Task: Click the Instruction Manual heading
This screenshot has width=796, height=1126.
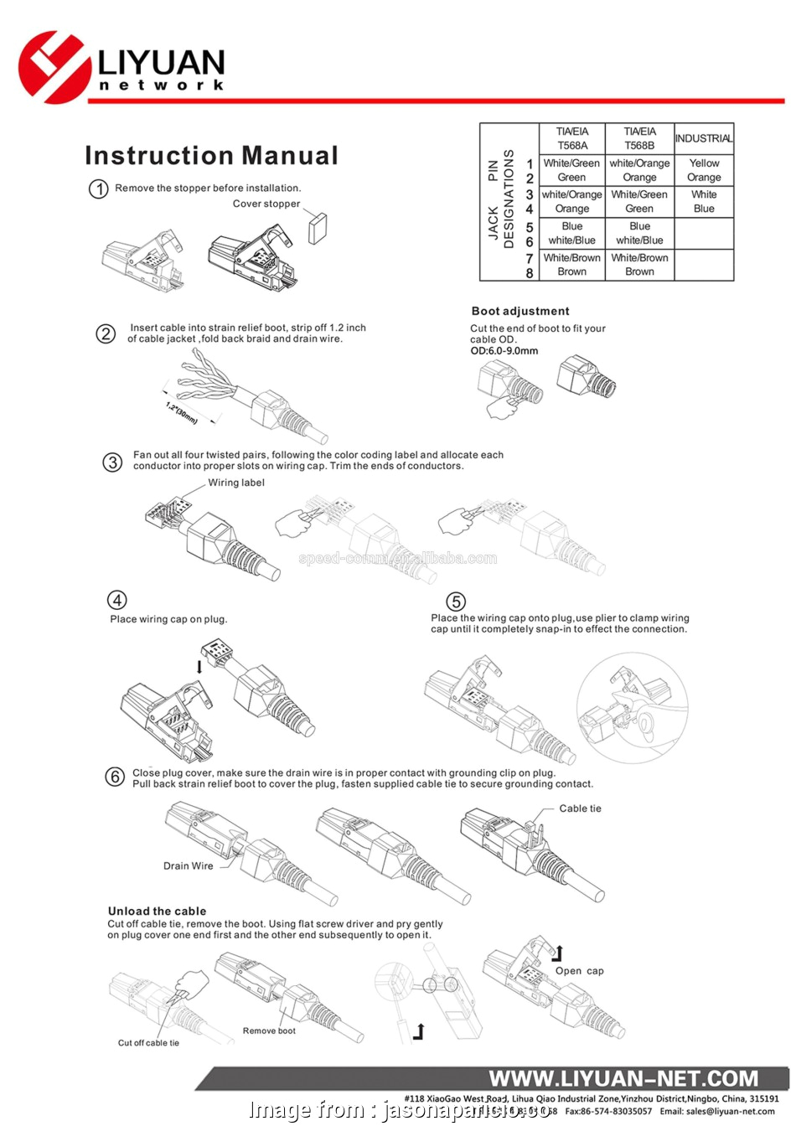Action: click(x=211, y=156)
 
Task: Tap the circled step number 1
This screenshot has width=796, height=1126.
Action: click(x=99, y=189)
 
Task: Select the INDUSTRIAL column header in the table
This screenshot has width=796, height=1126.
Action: click(x=703, y=138)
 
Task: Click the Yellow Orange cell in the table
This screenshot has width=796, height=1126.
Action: click(x=704, y=170)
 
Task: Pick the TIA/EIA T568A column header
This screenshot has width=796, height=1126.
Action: click(x=571, y=138)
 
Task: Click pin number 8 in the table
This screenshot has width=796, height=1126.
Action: click(x=530, y=273)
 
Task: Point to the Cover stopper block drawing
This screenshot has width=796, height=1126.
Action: click(x=318, y=228)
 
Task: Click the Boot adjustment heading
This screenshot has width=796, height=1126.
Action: click(x=519, y=311)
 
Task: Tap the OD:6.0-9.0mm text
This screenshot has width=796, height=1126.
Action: click(x=504, y=351)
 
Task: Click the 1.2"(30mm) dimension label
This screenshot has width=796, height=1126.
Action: click(x=181, y=413)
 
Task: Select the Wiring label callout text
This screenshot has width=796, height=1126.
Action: click(x=236, y=483)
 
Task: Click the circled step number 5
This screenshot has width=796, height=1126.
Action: click(x=455, y=602)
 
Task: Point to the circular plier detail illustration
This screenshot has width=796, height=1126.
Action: click(x=632, y=709)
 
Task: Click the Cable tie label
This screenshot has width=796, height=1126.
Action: click(x=580, y=808)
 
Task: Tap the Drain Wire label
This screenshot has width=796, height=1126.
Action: click(x=188, y=866)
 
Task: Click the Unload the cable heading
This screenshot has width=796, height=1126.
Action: click(x=157, y=911)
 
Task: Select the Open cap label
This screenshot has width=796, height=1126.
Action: click(x=579, y=971)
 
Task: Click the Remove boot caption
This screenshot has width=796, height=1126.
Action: click(x=269, y=1031)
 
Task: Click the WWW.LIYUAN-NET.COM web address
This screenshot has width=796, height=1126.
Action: click(x=623, y=1078)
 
